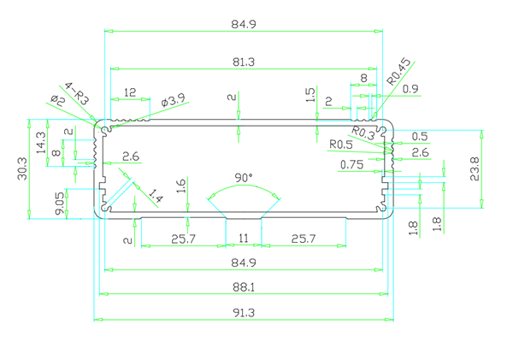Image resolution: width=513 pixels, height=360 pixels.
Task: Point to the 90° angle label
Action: coord(244,178)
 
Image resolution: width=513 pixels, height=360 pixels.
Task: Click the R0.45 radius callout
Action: coord(398,71)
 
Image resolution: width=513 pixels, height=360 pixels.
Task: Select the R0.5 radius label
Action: coord(341,144)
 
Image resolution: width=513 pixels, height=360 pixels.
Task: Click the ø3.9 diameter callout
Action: coord(173,101)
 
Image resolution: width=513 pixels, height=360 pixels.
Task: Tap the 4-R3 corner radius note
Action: coord(77,93)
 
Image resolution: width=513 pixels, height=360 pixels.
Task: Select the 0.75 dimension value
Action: coord(351,165)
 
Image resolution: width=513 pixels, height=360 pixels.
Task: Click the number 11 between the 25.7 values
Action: coord(243,239)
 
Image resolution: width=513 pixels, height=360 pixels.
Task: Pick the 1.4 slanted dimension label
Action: coord(155,198)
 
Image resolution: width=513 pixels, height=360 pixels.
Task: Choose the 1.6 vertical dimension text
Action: coord(180,186)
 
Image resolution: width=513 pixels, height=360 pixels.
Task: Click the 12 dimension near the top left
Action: coord(130,91)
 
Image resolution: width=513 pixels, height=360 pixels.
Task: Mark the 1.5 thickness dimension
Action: coord(310,94)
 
